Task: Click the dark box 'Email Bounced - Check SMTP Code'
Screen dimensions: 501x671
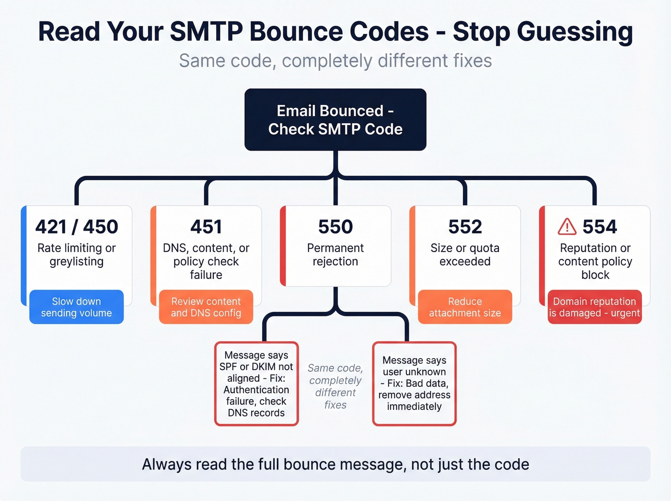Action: point(335,120)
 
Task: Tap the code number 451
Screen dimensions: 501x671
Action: point(206,227)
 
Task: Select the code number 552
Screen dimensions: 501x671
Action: point(465,227)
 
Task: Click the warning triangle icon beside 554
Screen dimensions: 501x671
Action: point(567,226)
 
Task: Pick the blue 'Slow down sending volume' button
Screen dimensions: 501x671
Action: point(77,307)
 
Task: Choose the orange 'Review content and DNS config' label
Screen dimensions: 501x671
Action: point(206,307)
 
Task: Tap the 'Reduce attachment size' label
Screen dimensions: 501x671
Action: point(465,307)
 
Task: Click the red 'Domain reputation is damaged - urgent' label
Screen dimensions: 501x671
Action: point(594,307)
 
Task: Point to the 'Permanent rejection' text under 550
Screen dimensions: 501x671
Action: point(335,255)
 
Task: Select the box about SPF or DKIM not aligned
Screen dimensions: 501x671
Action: point(256,384)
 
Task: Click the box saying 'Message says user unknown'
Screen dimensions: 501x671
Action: point(414,383)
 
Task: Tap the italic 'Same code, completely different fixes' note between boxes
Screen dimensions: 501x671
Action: point(335,386)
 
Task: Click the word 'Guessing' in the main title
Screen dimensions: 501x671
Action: point(575,32)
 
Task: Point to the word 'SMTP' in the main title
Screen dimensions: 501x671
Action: point(206,32)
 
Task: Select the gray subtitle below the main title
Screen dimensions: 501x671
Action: point(335,61)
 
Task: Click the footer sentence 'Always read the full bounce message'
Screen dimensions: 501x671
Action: point(335,464)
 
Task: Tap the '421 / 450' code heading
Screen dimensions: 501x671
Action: point(77,227)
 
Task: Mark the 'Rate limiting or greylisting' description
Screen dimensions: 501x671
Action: point(77,255)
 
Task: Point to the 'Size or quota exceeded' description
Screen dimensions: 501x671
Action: point(465,255)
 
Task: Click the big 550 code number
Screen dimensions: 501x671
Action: point(335,227)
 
